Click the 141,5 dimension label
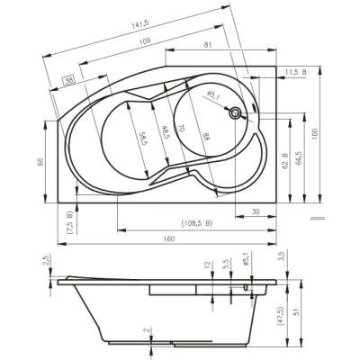pos(139,24)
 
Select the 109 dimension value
pos(145,41)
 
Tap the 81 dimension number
pos(208,45)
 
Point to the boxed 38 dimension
pos(68,80)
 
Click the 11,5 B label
pos(296,72)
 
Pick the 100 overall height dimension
pos(314,134)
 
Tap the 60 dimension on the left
pos(40,161)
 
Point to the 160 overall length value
pos(169,238)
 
